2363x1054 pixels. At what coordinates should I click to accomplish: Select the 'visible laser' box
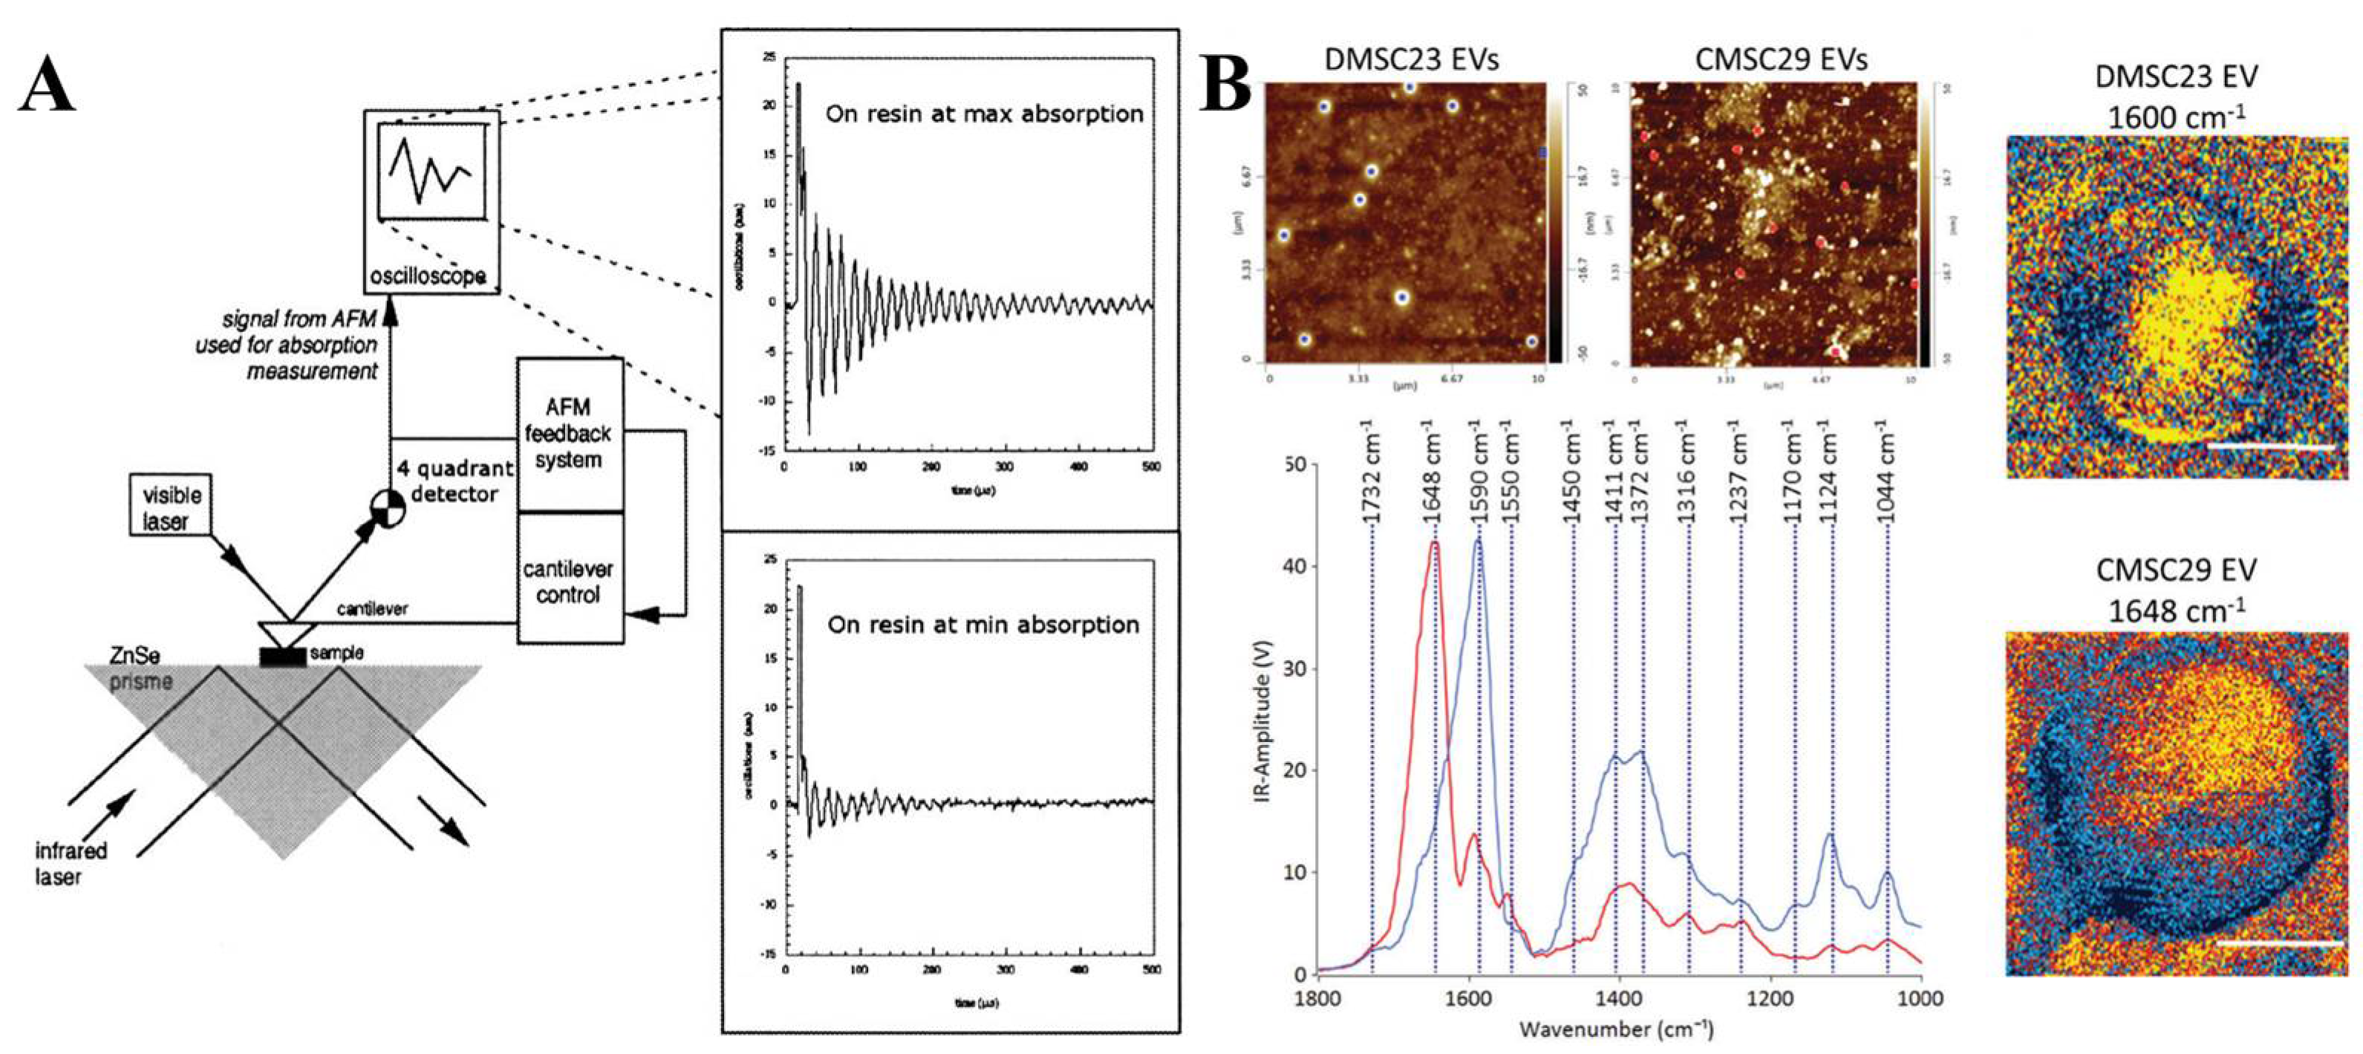pyautogui.click(x=170, y=507)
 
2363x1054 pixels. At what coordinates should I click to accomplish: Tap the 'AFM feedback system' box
pyautogui.click(x=569, y=433)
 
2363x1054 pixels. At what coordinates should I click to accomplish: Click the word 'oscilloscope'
pyautogui.click(x=428, y=275)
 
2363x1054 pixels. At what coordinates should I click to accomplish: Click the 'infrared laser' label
pyautogui.click(x=70, y=863)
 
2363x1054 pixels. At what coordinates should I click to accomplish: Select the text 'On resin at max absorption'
pyautogui.click(x=984, y=114)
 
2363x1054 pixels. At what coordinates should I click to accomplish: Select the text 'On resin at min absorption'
pyautogui.click(x=982, y=625)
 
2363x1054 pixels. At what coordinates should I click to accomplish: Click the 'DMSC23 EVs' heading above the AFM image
pyautogui.click(x=1411, y=59)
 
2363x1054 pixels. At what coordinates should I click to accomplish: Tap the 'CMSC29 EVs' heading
pyautogui.click(x=1781, y=59)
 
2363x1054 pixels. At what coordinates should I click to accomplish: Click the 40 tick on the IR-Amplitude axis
pyautogui.click(x=1295, y=567)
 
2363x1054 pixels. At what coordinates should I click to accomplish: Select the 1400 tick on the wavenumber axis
pyautogui.click(x=1619, y=998)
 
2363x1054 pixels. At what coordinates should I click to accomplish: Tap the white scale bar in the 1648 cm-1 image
pyautogui.click(x=2278, y=942)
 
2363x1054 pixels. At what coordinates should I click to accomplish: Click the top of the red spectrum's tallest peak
pyautogui.click(x=1434, y=543)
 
